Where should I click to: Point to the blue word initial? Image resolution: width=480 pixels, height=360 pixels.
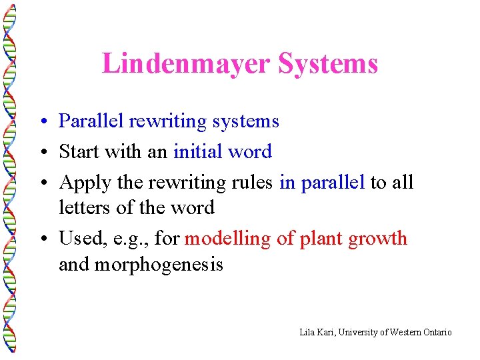[x=197, y=152]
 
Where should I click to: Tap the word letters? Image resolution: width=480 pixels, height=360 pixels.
[x=85, y=208]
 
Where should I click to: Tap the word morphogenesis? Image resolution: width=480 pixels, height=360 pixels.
[x=159, y=265]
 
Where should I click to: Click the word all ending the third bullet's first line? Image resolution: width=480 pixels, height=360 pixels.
[x=402, y=182]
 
